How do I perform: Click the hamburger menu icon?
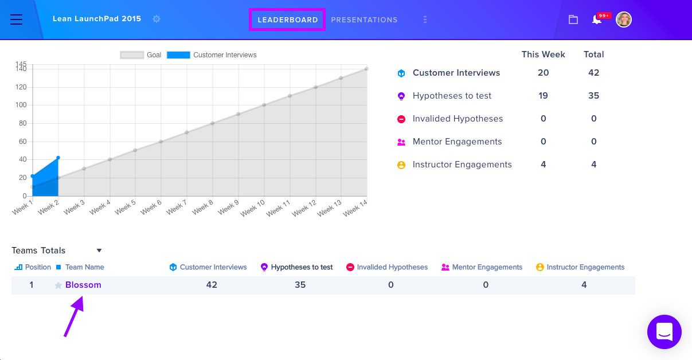click(x=17, y=19)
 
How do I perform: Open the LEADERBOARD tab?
click(x=288, y=19)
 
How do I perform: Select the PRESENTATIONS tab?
click(x=364, y=19)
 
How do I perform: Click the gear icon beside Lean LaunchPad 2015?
click(x=157, y=19)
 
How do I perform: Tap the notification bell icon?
click(x=596, y=19)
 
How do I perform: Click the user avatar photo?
click(x=623, y=19)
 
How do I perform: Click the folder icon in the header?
click(x=573, y=19)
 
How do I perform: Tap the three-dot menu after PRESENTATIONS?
click(x=425, y=19)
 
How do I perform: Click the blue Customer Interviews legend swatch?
click(x=178, y=55)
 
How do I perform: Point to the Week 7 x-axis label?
click(x=177, y=208)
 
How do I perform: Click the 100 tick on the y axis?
click(x=21, y=105)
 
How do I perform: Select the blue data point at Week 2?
click(x=58, y=158)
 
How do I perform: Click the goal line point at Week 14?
click(x=366, y=69)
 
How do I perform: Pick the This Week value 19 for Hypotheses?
click(x=543, y=96)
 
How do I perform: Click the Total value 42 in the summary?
click(x=593, y=73)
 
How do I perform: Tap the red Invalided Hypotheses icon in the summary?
click(x=401, y=119)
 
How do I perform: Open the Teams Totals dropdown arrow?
click(x=99, y=251)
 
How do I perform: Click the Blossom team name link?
click(x=83, y=285)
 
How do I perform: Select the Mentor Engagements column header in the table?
click(x=487, y=267)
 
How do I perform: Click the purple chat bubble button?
click(x=664, y=332)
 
